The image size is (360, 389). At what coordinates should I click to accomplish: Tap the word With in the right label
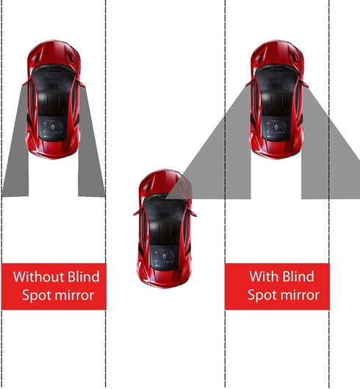pyautogui.click(x=262, y=277)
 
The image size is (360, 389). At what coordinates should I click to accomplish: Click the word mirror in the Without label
pyautogui.click(x=78, y=296)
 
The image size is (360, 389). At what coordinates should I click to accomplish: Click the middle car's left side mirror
pyautogui.click(x=137, y=212)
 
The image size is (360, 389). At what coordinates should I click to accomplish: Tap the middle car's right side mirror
pyautogui.click(x=193, y=212)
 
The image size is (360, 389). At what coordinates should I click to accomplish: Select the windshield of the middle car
pyautogui.click(x=165, y=213)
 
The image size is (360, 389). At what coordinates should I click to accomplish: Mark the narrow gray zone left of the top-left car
pyautogui.click(x=16, y=154)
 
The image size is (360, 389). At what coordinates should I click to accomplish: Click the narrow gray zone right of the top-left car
pyautogui.click(x=91, y=154)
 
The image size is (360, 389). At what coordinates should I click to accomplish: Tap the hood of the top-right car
pyautogui.click(x=276, y=57)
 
